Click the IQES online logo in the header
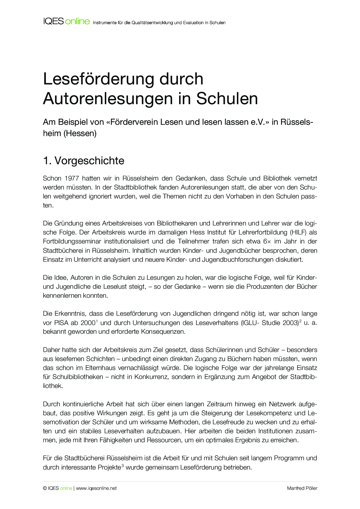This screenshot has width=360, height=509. (66, 21)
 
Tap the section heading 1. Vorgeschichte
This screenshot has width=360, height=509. (84, 161)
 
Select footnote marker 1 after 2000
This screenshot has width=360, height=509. (97, 321)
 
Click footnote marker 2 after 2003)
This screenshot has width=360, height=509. (300, 321)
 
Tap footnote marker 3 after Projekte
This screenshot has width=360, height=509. (123, 465)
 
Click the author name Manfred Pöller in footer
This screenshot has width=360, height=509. (302, 488)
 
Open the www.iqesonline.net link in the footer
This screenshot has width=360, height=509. (96, 488)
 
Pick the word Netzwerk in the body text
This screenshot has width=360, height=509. (282, 404)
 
